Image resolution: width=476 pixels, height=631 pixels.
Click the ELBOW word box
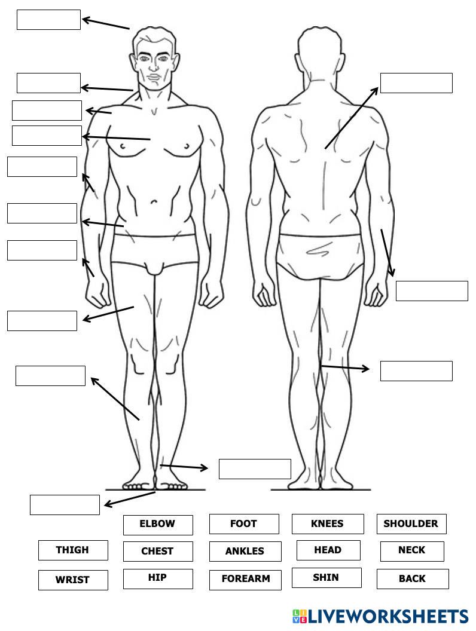click(x=158, y=525)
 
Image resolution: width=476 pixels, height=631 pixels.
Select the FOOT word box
click(x=244, y=524)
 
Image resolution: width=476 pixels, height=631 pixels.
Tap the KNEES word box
click(x=328, y=524)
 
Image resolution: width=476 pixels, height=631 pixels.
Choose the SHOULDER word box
click(x=411, y=524)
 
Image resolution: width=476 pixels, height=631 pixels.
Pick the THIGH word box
click(x=73, y=550)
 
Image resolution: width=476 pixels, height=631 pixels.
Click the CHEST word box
click(x=158, y=552)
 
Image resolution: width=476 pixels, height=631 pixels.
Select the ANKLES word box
click(x=245, y=552)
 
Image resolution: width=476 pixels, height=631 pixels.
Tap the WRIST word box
click(x=73, y=580)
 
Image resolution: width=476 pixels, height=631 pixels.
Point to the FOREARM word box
click(x=245, y=580)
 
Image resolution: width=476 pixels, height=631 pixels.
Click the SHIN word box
click(x=327, y=578)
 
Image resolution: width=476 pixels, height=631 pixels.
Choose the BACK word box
click(x=413, y=579)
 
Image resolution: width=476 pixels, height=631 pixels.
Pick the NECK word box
click(x=412, y=551)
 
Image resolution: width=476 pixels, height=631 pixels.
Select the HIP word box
click(x=158, y=578)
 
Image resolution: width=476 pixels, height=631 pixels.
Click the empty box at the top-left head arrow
click(x=48, y=20)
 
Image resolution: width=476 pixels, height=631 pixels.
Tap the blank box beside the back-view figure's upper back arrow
click(x=416, y=83)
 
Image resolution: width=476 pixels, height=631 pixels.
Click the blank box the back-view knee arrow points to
click(x=416, y=370)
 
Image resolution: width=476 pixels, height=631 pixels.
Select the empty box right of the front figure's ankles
click(x=255, y=469)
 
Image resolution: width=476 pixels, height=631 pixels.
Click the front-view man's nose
click(x=154, y=68)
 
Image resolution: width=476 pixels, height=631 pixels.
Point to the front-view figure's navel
click(x=154, y=202)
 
